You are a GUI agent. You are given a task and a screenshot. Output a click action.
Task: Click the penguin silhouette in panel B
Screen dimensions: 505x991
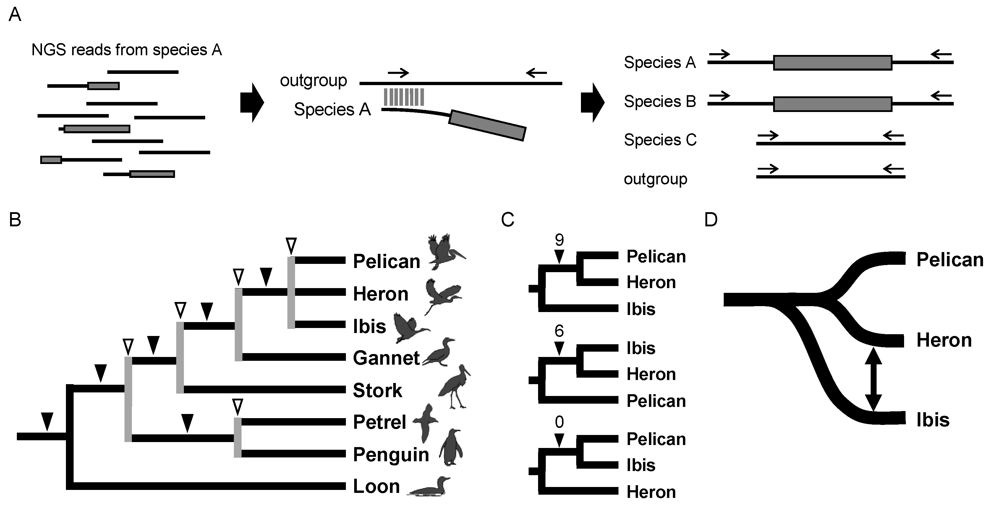pyautogui.click(x=451, y=448)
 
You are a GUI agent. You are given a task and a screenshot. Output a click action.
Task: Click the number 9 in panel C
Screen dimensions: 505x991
pyautogui.click(x=559, y=240)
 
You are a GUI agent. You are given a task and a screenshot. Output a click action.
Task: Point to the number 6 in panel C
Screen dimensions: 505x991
pyautogui.click(x=559, y=331)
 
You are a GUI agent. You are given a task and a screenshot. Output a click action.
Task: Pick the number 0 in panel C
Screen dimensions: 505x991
pyautogui.click(x=559, y=422)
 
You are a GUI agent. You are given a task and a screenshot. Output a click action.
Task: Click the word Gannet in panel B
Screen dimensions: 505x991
pyautogui.click(x=386, y=358)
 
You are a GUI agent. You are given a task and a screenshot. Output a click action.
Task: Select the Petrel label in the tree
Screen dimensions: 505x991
pyautogui.click(x=379, y=422)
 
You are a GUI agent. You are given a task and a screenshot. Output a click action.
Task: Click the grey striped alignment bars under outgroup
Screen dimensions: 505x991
pyautogui.click(x=404, y=97)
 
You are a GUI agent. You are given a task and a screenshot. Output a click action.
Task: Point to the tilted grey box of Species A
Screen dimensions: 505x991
pyautogui.click(x=487, y=125)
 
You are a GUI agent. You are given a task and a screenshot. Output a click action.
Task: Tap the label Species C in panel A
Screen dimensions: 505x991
pyautogui.click(x=660, y=140)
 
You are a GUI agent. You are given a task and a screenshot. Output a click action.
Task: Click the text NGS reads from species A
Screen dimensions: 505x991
pyautogui.click(x=127, y=50)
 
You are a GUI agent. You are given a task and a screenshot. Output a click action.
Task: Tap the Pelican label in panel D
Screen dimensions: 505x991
pyautogui.click(x=949, y=260)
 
